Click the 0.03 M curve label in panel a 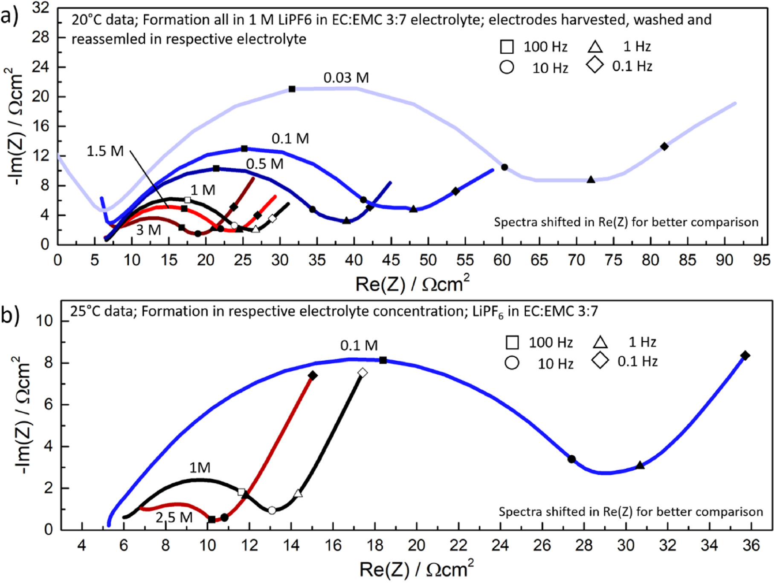[x=346, y=78]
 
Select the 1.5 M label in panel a [x=105, y=151]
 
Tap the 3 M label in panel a [x=148, y=230]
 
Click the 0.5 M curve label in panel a [x=264, y=164]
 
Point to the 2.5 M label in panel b [x=174, y=517]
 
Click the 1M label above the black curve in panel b [x=200, y=468]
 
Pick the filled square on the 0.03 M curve [x=292, y=89]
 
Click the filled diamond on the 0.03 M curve [x=664, y=146]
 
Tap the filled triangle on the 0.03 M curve [x=591, y=180]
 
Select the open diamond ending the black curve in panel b [x=362, y=373]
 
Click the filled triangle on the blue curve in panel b [x=640, y=465]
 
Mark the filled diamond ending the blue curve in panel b [x=745, y=356]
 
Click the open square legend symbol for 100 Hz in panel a [x=507, y=47]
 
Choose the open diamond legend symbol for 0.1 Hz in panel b [x=600, y=362]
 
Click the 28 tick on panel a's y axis [x=41, y=37]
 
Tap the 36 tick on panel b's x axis [x=751, y=545]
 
